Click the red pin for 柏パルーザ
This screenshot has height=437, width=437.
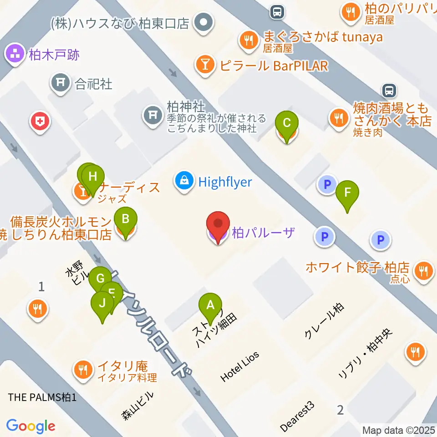218,226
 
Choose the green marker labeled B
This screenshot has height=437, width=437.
125,220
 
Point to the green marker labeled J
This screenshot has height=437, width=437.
102,304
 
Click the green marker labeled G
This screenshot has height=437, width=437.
100,279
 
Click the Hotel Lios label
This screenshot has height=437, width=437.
239,366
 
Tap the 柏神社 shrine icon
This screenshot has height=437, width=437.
151,114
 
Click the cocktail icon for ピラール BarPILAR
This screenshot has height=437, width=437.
205,66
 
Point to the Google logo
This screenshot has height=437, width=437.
31,426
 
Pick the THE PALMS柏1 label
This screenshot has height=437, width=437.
42,397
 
